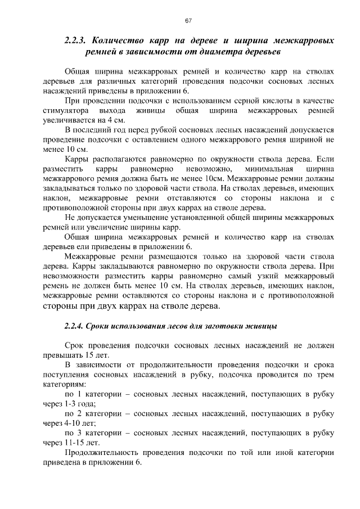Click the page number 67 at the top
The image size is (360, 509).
pyautogui.click(x=189, y=21)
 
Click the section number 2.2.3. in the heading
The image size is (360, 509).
pyautogui.click(x=75, y=41)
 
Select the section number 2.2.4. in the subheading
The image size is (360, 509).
pyautogui.click(x=74, y=326)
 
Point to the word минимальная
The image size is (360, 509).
pyautogui.click(x=268, y=168)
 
